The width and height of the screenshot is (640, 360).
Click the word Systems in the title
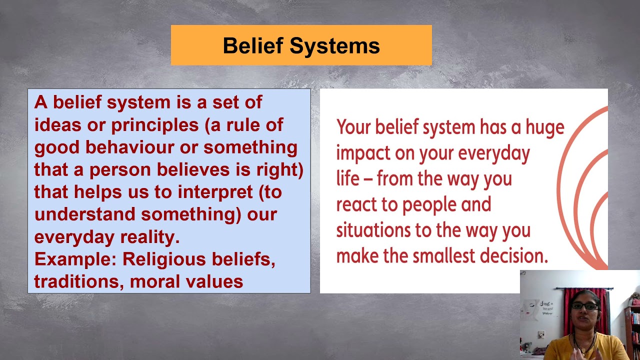click(x=334, y=45)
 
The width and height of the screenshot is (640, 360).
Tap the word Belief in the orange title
click(x=253, y=45)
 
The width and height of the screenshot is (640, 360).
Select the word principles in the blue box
click(x=155, y=125)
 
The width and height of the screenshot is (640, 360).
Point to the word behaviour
click(x=130, y=147)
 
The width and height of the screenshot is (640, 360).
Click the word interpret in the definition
click(x=215, y=192)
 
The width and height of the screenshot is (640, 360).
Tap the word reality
click(x=150, y=237)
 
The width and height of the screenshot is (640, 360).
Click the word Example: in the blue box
click(x=75, y=259)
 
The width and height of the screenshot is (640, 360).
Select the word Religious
click(x=164, y=259)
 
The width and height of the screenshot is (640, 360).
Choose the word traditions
click(x=79, y=281)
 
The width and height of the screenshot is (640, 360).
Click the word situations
click(x=373, y=230)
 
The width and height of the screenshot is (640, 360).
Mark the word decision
click(x=514, y=255)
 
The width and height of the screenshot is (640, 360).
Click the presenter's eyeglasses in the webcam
click(x=584, y=306)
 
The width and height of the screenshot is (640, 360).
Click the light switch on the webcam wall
click(x=541, y=334)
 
